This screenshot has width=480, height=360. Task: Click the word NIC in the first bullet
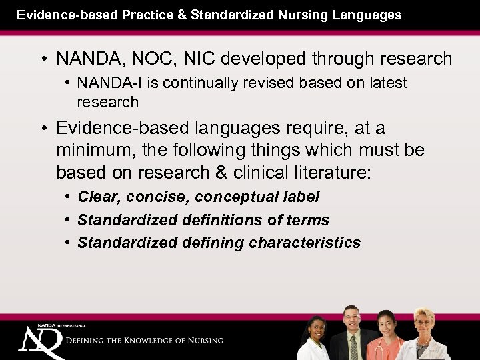[x=182, y=59]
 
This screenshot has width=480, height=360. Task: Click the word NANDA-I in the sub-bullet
[x=104, y=83]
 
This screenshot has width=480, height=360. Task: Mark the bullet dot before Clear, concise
[x=69, y=197]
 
